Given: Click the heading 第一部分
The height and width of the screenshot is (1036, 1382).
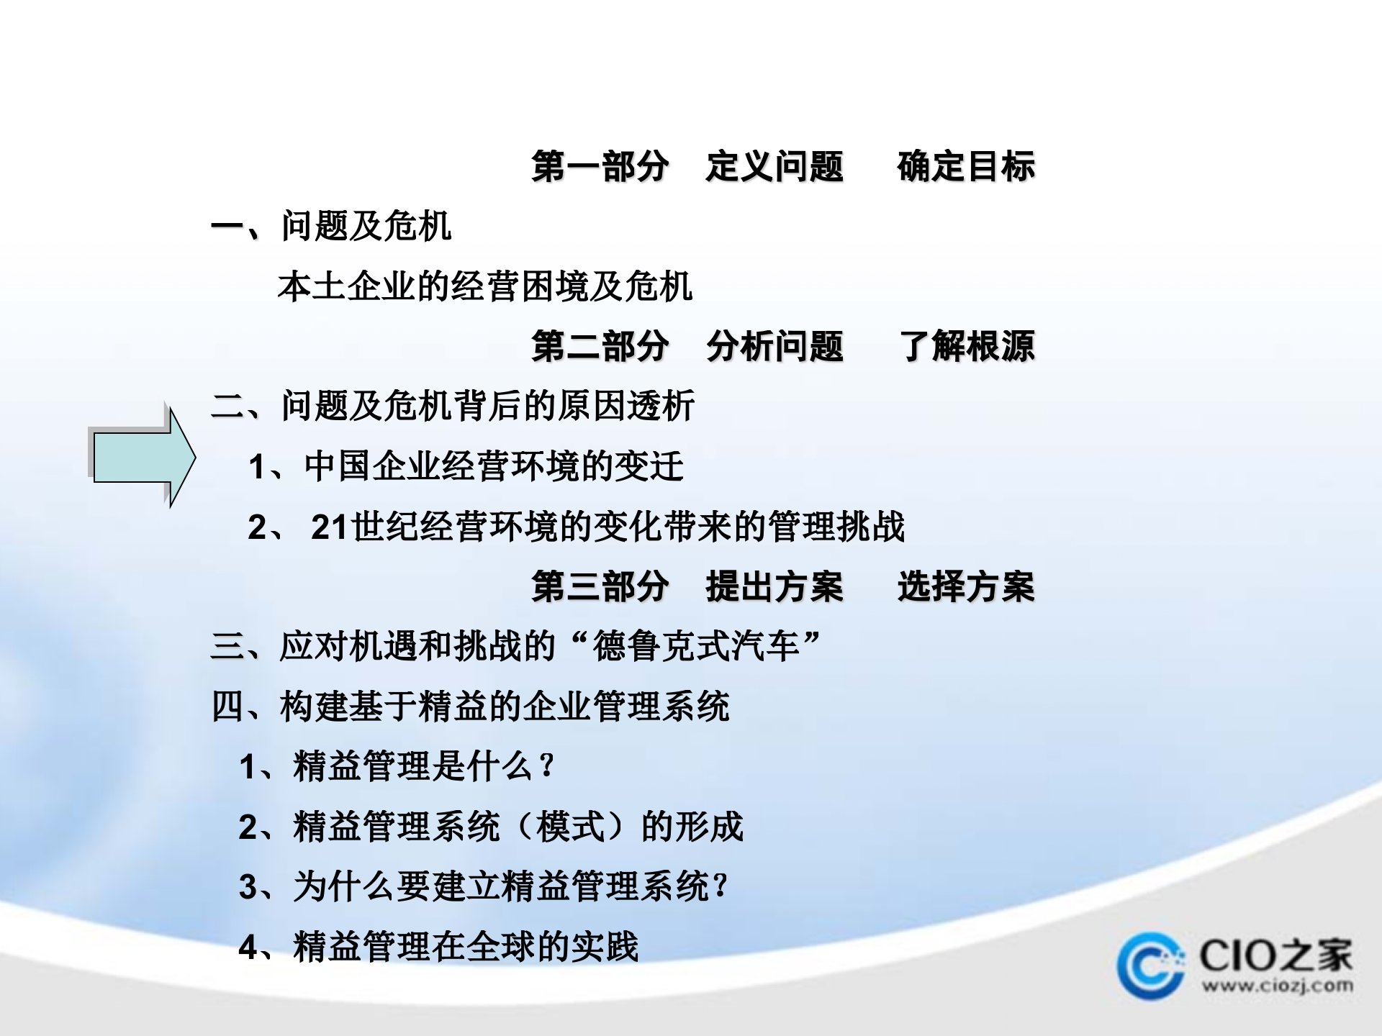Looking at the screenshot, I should (x=600, y=167).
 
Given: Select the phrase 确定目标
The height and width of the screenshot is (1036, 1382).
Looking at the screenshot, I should (x=965, y=167).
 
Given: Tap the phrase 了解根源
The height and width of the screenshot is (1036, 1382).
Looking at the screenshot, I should (x=967, y=347).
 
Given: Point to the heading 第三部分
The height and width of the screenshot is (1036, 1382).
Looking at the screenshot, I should (x=600, y=586).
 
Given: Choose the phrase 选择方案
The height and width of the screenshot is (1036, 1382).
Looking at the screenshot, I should (x=965, y=586).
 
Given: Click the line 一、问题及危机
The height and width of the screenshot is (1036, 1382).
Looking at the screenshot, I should (x=331, y=227).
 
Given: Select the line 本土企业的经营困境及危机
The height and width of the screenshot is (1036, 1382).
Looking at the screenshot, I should (x=484, y=287).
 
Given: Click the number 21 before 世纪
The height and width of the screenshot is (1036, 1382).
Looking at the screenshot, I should (x=330, y=527).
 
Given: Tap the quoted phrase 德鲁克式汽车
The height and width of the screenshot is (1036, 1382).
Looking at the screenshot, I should (x=695, y=646).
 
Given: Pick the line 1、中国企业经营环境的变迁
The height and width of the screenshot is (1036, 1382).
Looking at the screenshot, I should (x=466, y=467).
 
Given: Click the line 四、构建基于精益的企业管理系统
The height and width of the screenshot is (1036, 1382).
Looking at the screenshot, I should (x=470, y=706).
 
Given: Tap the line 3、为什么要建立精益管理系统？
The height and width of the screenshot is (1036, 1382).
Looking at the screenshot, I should (x=484, y=886).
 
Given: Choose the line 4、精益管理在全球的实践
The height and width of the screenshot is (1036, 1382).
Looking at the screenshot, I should (x=438, y=947).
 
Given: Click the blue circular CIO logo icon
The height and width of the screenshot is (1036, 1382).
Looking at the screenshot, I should (x=1150, y=965).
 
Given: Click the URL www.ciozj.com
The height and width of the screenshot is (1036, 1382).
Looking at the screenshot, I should (x=1277, y=986).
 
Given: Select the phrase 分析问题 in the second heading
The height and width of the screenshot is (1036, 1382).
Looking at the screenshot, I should (x=774, y=347).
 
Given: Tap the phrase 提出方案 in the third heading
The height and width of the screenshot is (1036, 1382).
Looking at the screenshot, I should (x=774, y=586).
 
